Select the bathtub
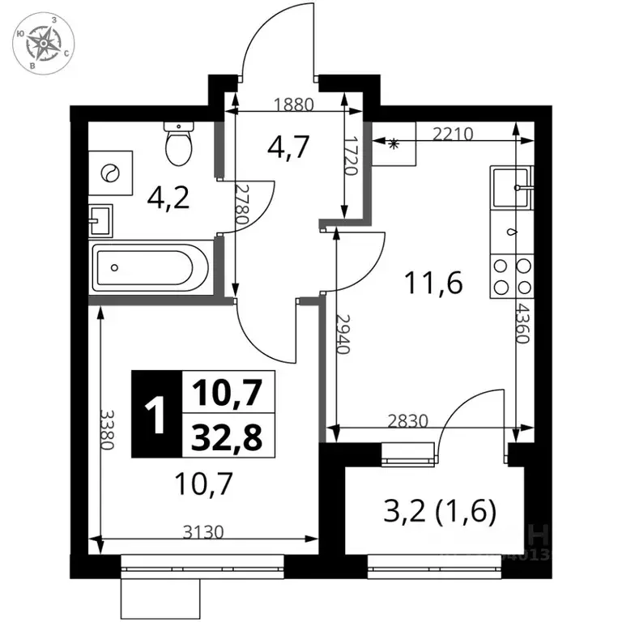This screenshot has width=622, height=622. coord(151,268)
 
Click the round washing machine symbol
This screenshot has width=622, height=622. coord(111,172)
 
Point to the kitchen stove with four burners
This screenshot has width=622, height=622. coord(512,276)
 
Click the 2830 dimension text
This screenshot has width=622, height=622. coord(409,421)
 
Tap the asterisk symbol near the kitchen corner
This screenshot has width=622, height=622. coord(394,145)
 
